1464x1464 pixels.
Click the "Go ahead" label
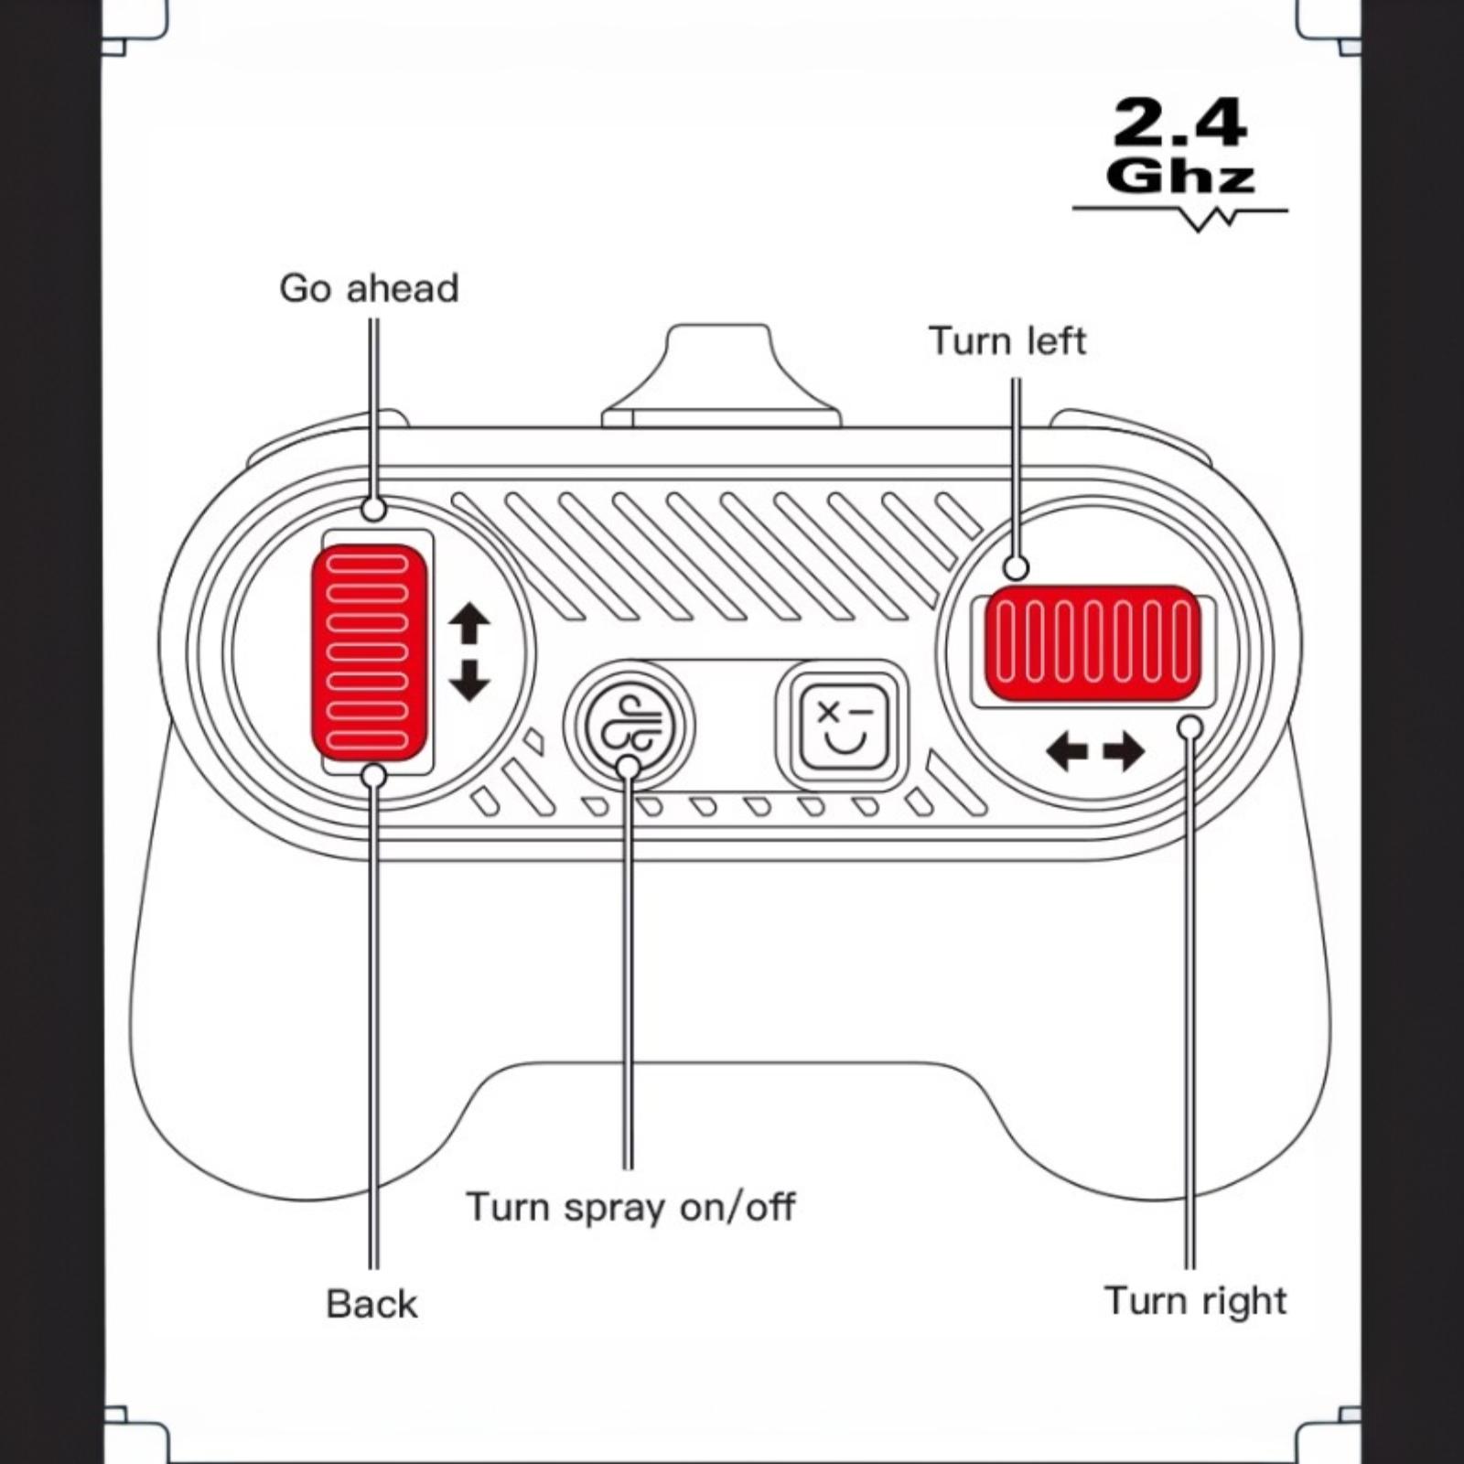(x=369, y=288)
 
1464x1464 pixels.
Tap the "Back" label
(x=371, y=1304)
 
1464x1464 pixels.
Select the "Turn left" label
(x=1007, y=341)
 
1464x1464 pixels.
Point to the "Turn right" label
(x=1195, y=1301)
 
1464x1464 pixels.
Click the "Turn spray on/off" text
(x=630, y=1207)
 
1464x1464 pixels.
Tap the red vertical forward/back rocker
(x=370, y=652)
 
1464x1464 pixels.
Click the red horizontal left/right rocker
(x=1093, y=643)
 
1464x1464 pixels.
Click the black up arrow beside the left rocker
(x=469, y=625)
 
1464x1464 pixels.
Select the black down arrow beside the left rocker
(x=469, y=680)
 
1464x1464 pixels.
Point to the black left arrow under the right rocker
(x=1067, y=752)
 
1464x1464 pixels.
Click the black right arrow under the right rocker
(x=1124, y=752)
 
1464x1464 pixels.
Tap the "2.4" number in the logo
(x=1179, y=124)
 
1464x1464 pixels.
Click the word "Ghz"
(x=1179, y=177)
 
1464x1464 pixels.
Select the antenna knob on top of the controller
(x=721, y=376)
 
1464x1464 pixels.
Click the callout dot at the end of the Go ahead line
(x=373, y=509)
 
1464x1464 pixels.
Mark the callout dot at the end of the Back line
(x=373, y=776)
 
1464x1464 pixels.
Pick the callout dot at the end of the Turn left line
(x=1016, y=568)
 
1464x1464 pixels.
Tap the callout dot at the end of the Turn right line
(x=1190, y=727)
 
